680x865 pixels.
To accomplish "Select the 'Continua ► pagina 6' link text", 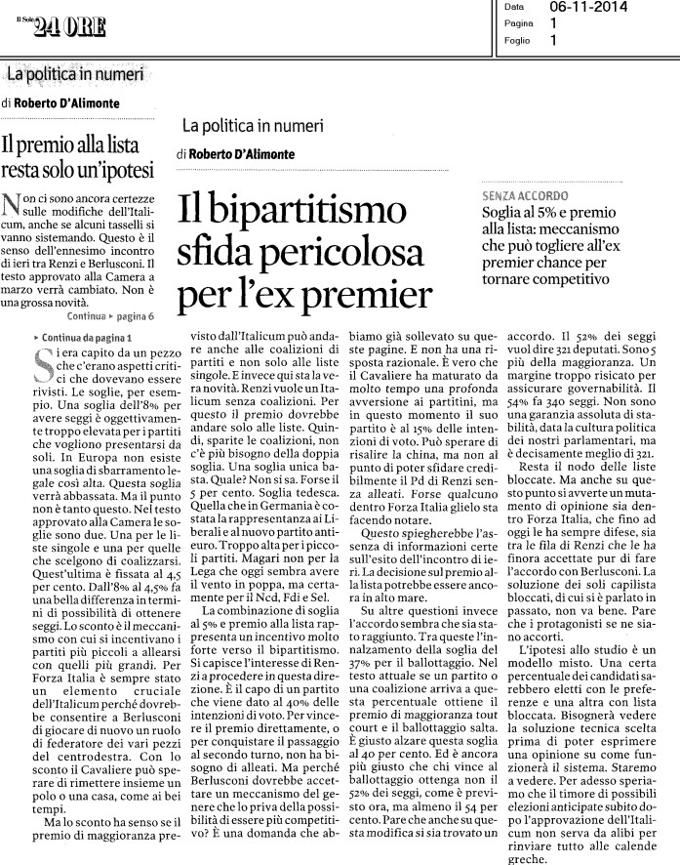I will pyautogui.click(x=110, y=317).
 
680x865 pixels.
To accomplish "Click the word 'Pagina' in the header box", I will pyautogui.click(x=519, y=23).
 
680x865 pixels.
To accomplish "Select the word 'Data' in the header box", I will pyautogui.click(x=514, y=7).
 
